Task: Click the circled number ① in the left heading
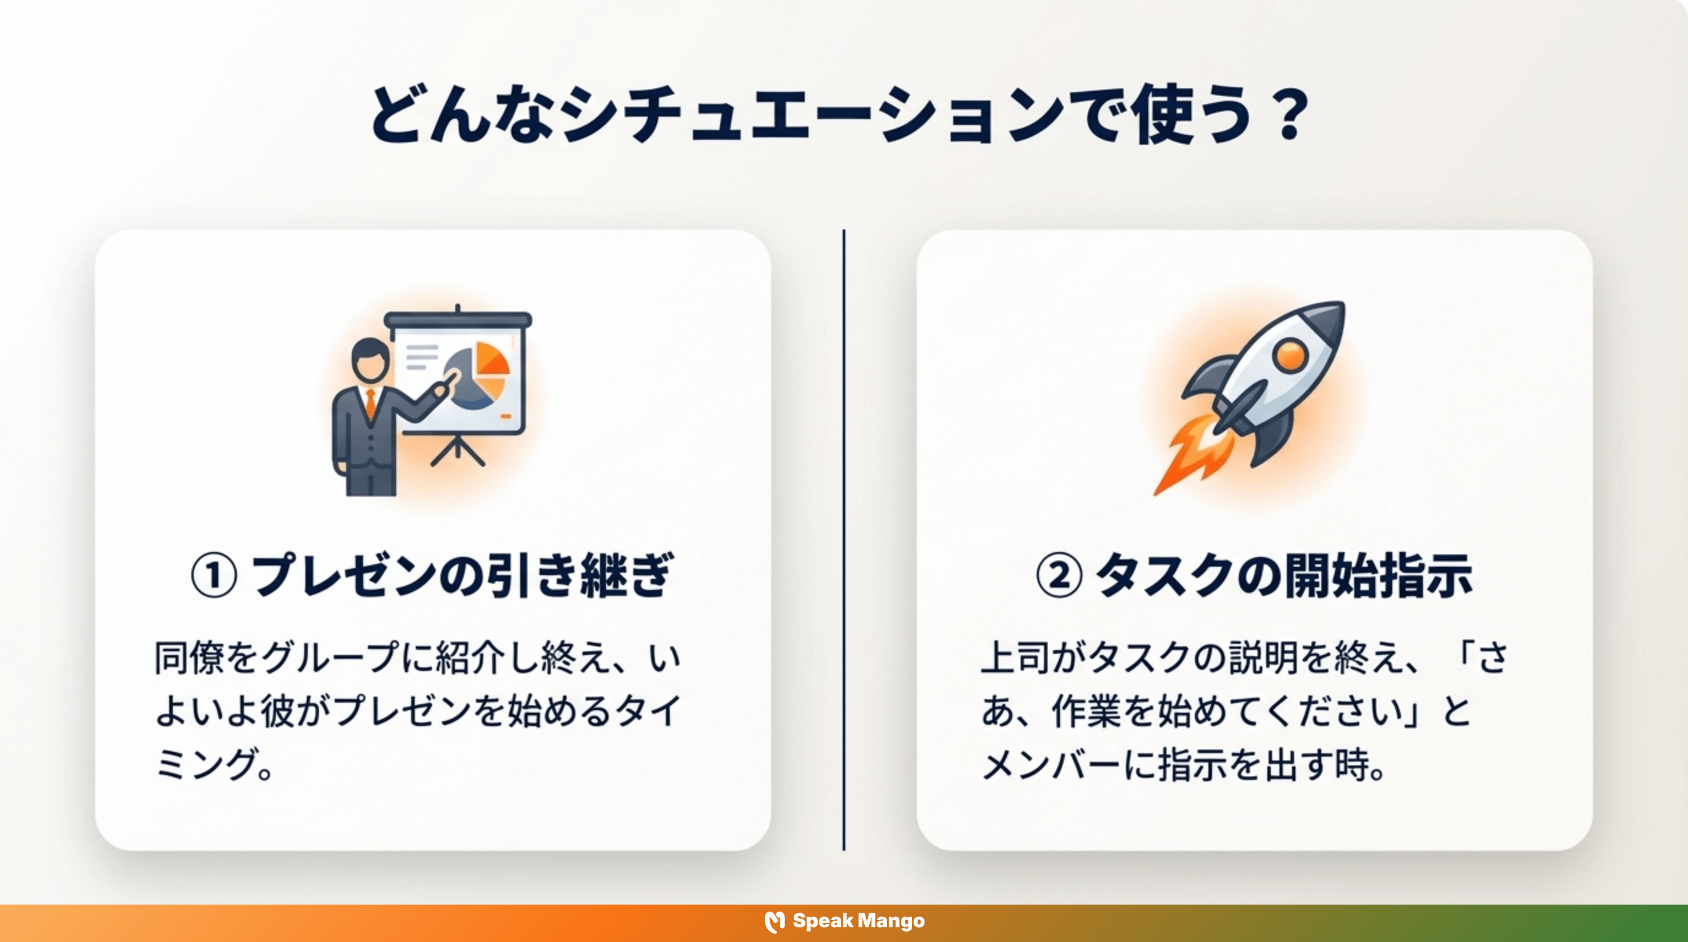tap(213, 576)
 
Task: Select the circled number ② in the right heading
tap(1059, 576)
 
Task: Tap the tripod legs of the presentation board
tap(458, 451)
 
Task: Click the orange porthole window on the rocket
tap(1291, 356)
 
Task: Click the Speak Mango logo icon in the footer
tap(775, 922)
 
